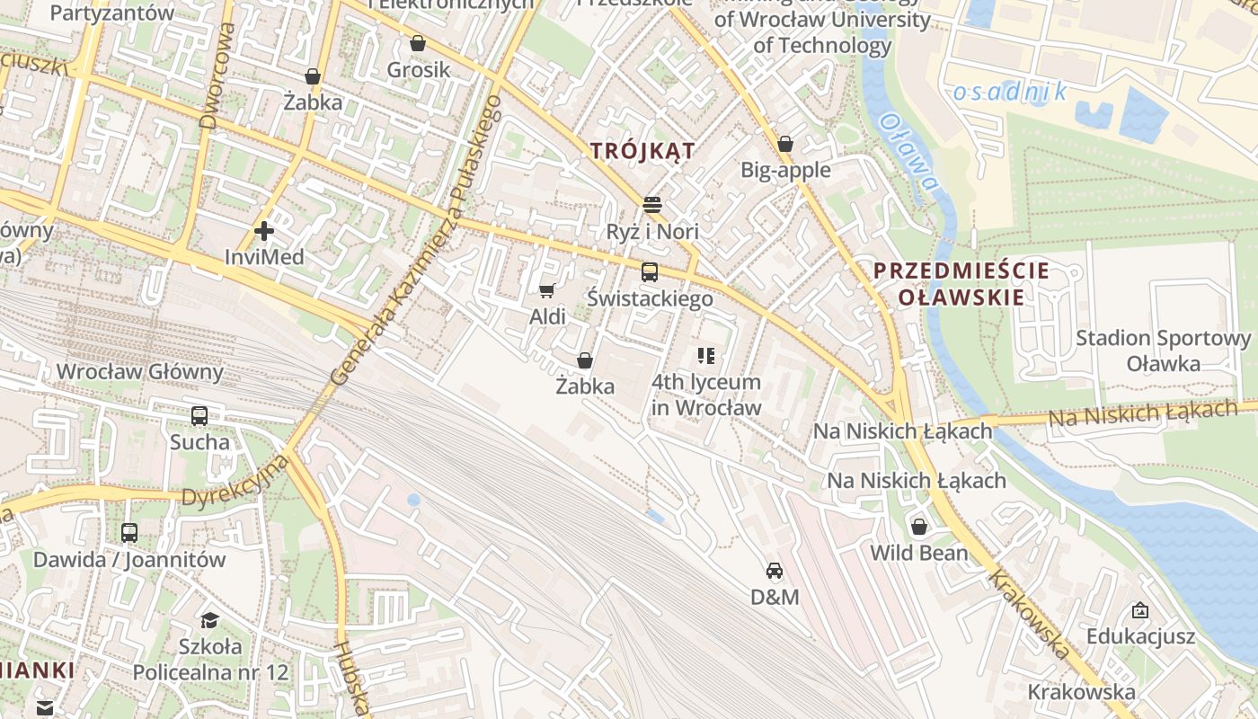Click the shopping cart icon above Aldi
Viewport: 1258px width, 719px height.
(546, 290)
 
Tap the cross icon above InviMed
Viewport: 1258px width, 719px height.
(264, 231)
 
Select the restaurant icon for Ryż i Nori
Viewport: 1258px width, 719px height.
(652, 205)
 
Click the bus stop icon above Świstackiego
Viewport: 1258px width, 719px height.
(650, 271)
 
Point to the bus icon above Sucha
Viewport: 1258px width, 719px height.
(199, 415)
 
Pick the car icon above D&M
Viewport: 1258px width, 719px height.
(774, 570)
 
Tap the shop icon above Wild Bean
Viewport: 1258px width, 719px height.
(918, 527)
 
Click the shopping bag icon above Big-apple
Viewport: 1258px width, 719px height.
(785, 144)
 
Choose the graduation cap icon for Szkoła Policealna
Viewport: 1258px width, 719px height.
(209, 620)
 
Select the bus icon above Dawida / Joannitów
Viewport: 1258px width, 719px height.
(129, 532)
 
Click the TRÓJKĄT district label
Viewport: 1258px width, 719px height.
(642, 151)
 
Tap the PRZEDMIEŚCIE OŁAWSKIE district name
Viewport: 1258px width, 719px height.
(961, 284)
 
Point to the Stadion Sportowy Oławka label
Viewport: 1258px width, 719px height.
(1164, 351)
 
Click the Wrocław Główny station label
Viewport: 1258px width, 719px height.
(139, 371)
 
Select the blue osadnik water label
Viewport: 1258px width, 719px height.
(1009, 92)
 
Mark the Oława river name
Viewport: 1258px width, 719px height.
(909, 153)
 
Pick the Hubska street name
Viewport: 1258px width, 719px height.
(352, 679)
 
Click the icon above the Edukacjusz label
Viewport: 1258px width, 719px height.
(1139, 611)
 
